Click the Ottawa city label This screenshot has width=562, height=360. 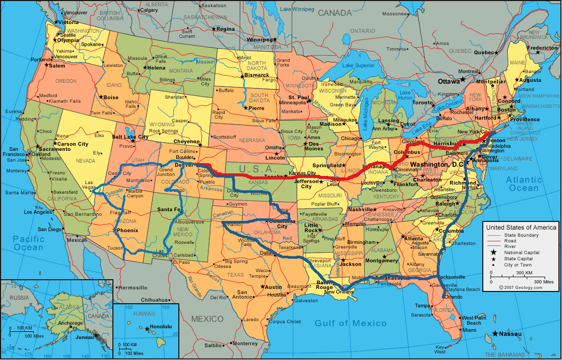449,81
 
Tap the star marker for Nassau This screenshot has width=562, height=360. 495,334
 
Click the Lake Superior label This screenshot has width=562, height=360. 358,65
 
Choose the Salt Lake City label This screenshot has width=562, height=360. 130,137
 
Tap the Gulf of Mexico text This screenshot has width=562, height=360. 350,323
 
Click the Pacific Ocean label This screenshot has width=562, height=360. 29,243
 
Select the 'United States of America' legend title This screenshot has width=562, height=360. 521,227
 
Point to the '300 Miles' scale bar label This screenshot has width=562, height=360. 544,282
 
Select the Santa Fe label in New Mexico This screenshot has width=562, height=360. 169,210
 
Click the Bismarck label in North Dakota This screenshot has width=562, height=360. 257,75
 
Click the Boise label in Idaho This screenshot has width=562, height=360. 111,97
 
